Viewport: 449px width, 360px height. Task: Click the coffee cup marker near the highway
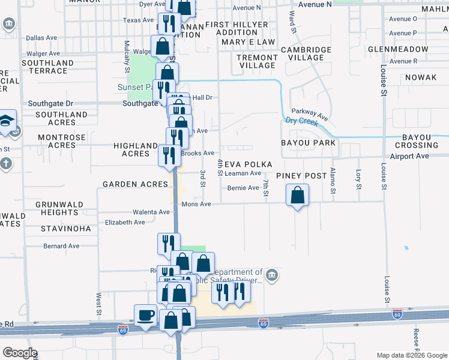pos(146,316)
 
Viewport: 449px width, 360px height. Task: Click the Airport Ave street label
pos(409,156)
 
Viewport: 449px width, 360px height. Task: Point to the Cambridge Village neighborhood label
pos(306,53)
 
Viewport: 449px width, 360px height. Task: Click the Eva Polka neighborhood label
pos(249,164)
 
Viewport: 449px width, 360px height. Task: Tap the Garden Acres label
pos(135,184)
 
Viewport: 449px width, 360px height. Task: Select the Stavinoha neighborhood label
pos(66,229)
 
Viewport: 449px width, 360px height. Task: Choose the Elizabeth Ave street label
pos(125,222)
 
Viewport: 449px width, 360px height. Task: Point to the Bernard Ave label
pos(61,246)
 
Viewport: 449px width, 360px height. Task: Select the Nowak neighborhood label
pos(421,78)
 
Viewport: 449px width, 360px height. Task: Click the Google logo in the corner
pos(20,353)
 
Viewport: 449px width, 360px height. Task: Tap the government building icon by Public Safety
pos(272,275)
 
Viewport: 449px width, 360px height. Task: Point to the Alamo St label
pos(332,182)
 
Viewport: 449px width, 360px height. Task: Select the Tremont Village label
pos(257,61)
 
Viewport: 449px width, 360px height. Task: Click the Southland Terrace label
pos(46,67)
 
